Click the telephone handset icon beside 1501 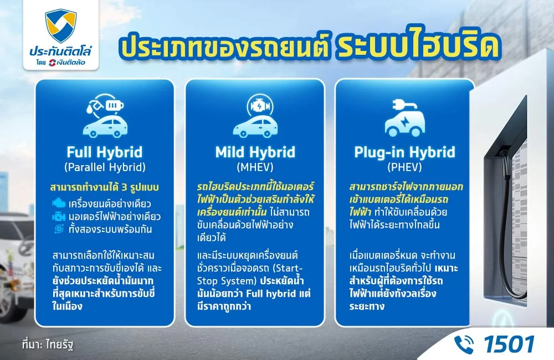tap(464, 344)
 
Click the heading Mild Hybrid tap(255, 152)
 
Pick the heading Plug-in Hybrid tap(404, 152)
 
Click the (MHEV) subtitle tap(255, 166)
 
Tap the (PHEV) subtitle tap(404, 166)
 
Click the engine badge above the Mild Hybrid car tap(255, 104)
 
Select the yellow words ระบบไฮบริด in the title tap(413, 48)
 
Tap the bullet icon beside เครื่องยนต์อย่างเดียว tap(59, 203)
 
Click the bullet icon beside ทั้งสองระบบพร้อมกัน tap(59, 228)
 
